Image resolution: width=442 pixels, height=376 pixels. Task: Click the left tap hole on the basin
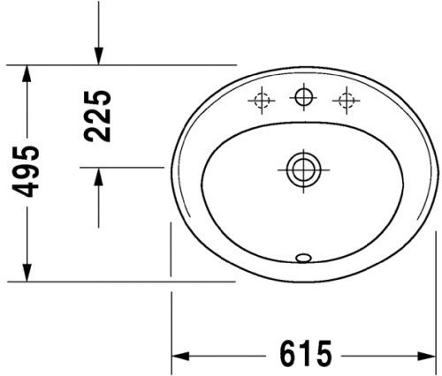tap(262, 102)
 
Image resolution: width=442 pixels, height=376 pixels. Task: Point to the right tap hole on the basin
tap(344, 102)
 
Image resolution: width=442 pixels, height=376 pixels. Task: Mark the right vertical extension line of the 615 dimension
tap(435, 291)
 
